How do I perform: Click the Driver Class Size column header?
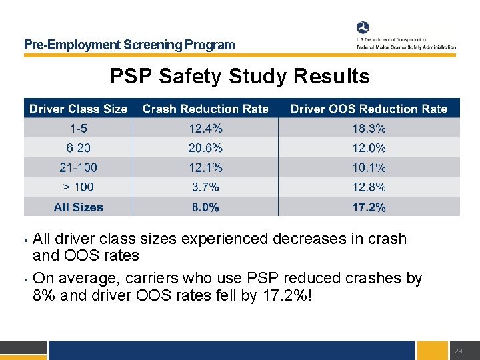tap(79, 109)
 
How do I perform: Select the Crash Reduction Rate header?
tap(205, 109)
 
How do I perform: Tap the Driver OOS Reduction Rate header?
tap(369, 109)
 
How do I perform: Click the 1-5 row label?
tap(79, 128)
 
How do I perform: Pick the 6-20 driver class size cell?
tap(79, 148)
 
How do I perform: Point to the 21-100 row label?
tap(79, 168)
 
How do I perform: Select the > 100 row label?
tap(79, 187)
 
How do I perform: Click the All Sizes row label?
tap(79, 207)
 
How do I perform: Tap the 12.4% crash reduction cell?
tap(205, 128)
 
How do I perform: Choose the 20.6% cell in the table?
tap(205, 148)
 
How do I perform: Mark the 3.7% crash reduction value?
tap(205, 187)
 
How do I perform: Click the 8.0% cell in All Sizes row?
tap(205, 207)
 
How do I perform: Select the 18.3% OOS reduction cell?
tap(369, 128)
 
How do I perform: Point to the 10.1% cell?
tap(369, 168)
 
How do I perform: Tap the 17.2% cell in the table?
tap(369, 207)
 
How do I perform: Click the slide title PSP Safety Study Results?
tap(240, 77)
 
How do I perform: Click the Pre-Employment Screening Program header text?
tap(129, 45)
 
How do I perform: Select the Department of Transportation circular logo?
tap(363, 28)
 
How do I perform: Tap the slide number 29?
tap(457, 351)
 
